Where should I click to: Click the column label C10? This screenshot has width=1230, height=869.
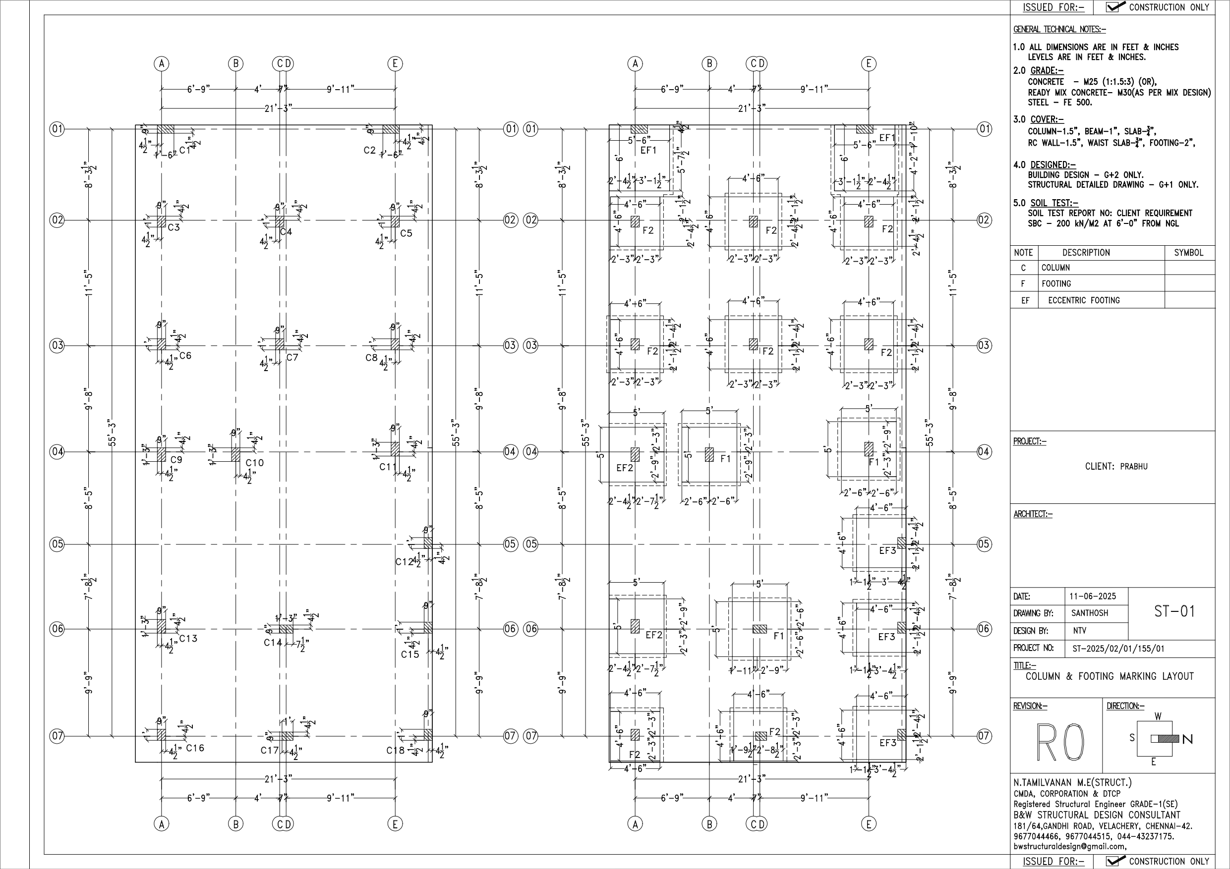(x=254, y=463)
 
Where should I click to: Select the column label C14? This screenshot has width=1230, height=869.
(x=272, y=643)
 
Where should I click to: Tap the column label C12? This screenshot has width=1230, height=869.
(x=405, y=562)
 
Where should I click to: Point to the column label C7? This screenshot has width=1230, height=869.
(x=292, y=357)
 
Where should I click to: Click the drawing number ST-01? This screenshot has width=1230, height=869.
(x=1174, y=611)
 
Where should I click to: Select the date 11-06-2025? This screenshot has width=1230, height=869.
(x=1093, y=596)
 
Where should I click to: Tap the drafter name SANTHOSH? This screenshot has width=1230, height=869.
(x=1090, y=613)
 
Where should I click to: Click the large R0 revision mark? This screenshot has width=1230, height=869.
(x=1060, y=742)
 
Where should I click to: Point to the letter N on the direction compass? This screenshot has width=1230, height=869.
(x=1188, y=739)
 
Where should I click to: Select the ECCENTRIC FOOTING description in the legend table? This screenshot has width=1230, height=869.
(x=1084, y=300)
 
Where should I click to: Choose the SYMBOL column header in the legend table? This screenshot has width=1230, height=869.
(x=1189, y=253)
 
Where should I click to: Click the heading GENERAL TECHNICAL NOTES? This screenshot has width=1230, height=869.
(x=1059, y=29)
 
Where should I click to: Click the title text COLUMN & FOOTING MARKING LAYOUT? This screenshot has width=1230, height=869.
(x=1110, y=676)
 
